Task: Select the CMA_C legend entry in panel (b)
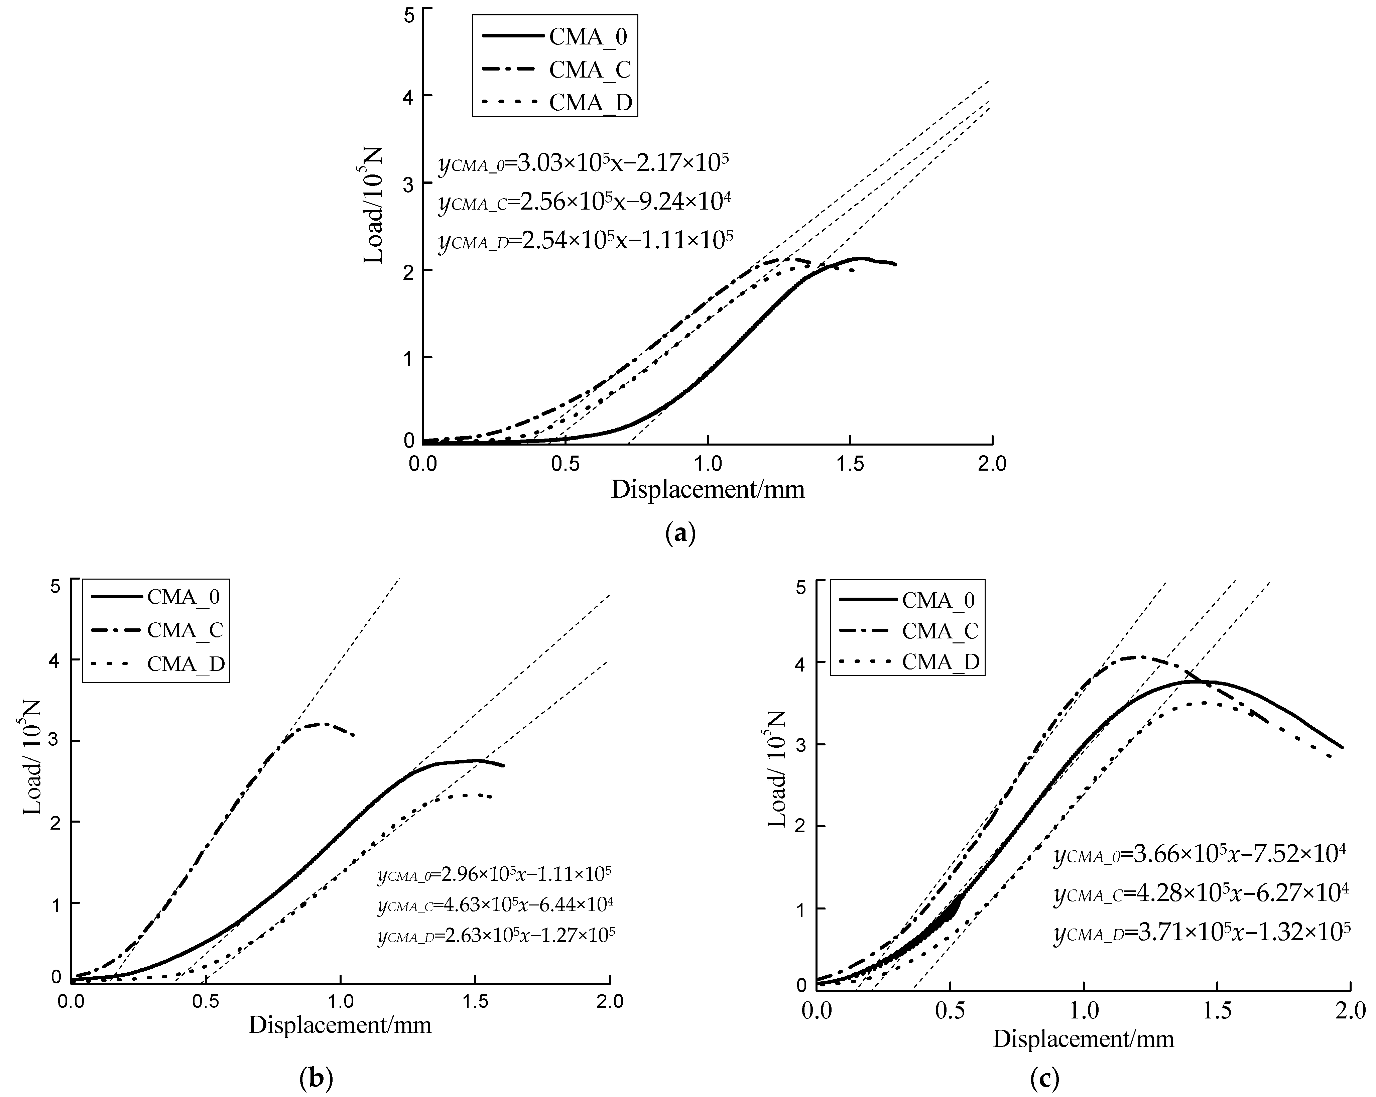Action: pyautogui.click(x=185, y=630)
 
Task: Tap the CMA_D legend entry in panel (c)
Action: pyautogui.click(x=940, y=662)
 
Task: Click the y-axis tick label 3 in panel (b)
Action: pyautogui.click(x=56, y=742)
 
